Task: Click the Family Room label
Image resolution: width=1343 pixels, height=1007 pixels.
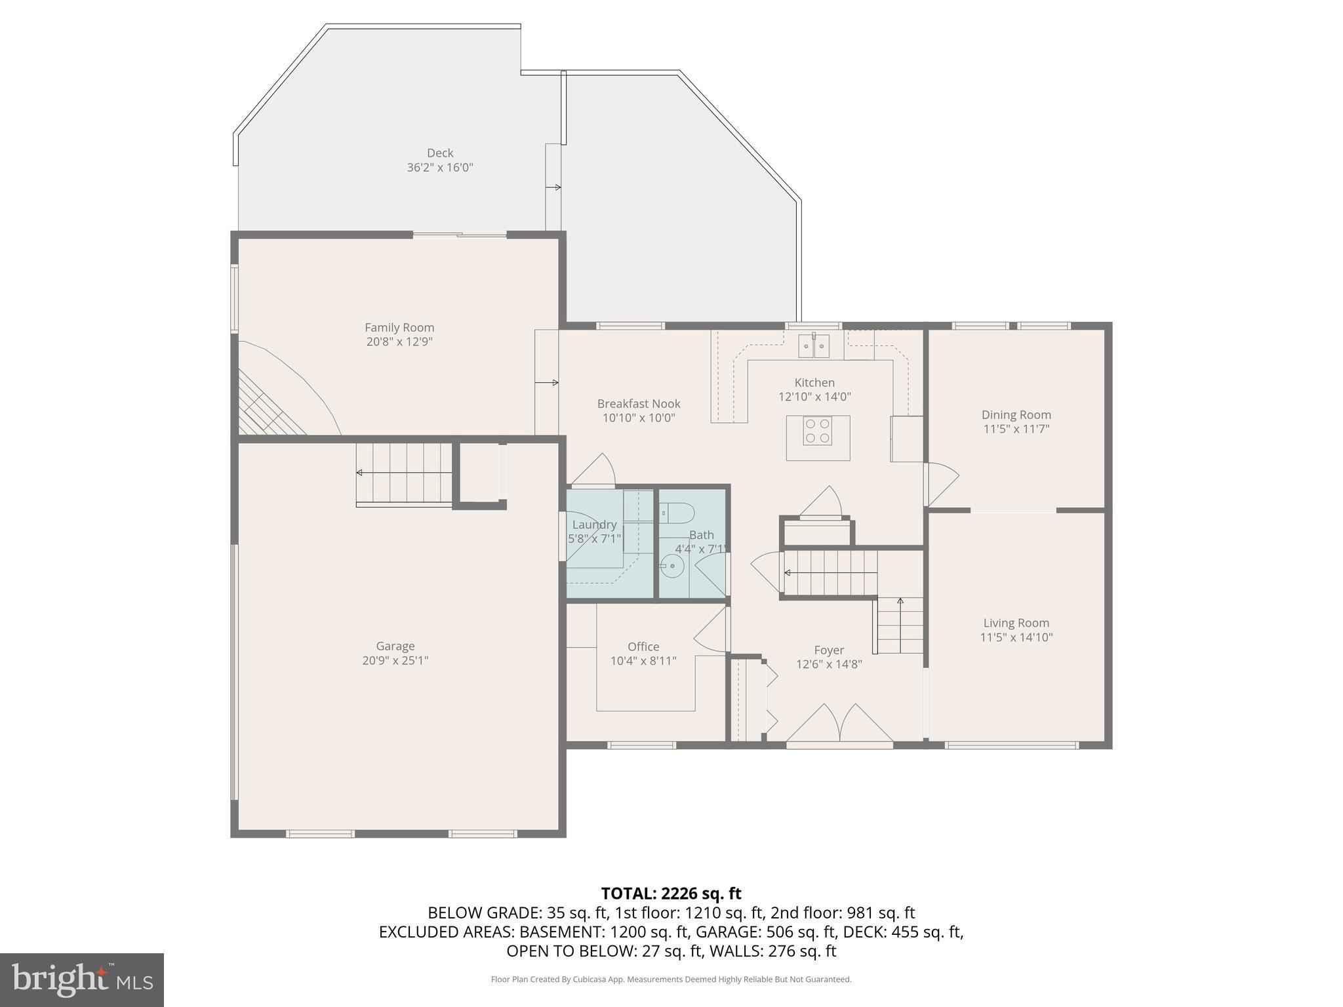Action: click(399, 327)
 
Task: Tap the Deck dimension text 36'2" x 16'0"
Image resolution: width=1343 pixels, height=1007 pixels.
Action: click(440, 167)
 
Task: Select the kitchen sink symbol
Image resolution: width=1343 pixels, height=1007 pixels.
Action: click(814, 346)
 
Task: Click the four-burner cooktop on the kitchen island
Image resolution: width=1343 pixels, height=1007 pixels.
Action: click(817, 431)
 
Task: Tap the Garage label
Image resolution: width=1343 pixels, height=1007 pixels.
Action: click(395, 646)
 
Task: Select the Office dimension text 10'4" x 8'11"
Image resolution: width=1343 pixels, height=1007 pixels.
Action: click(643, 661)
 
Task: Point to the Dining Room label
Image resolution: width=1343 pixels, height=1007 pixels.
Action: click(1016, 414)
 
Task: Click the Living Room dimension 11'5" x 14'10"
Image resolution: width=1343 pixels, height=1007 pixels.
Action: click(1016, 637)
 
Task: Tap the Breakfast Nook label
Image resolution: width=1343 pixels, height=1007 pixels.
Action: click(639, 403)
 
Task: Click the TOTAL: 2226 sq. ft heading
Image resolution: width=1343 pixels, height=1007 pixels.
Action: click(671, 893)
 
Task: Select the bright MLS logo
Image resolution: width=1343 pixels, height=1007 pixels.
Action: click(82, 979)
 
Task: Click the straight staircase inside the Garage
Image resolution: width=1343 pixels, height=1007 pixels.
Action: click(404, 473)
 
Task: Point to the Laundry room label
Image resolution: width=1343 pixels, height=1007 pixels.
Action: click(594, 524)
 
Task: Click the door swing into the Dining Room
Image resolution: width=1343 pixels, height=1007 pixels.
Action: click(941, 482)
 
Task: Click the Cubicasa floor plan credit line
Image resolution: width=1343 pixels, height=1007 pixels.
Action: click(671, 979)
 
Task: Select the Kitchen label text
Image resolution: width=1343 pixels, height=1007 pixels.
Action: click(814, 382)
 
